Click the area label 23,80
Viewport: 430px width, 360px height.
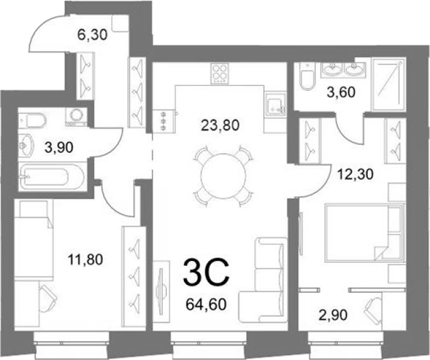click(x=220, y=125)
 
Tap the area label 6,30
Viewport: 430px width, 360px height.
click(x=92, y=34)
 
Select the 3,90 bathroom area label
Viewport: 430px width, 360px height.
click(x=58, y=147)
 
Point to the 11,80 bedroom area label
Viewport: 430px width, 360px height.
click(x=85, y=260)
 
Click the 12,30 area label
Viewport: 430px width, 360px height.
click(x=355, y=174)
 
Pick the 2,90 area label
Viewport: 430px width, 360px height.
click(x=333, y=315)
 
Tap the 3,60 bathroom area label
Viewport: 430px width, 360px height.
click(x=341, y=92)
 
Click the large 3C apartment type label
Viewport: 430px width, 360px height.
click(x=207, y=272)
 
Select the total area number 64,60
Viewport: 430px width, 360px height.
click(x=207, y=304)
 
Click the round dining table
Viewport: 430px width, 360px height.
click(x=223, y=176)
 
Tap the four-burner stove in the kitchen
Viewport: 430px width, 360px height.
click(x=220, y=73)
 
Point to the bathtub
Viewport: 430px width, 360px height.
click(x=51, y=177)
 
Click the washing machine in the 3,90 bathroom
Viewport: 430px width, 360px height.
click(x=76, y=117)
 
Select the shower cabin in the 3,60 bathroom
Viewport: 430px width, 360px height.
click(x=389, y=84)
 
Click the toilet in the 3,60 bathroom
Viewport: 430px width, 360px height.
click(x=307, y=76)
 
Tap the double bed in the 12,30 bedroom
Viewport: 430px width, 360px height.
click(x=365, y=233)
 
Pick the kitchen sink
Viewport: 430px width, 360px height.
click(x=276, y=107)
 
